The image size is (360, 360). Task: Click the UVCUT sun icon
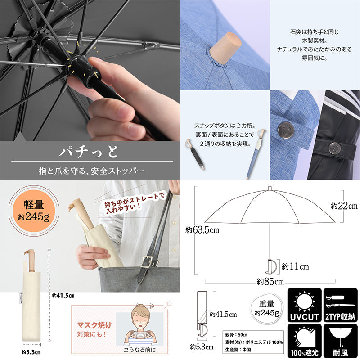tap(304, 305)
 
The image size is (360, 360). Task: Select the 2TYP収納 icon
tap(341, 305)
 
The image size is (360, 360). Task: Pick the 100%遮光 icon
tap(304, 341)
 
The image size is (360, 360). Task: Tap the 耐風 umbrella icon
tap(341, 341)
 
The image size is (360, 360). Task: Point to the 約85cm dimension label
tap(270, 282)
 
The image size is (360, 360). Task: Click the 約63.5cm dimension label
tap(202, 230)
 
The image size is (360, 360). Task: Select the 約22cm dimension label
tap(344, 206)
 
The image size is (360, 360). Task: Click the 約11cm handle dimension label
tap(295, 266)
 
